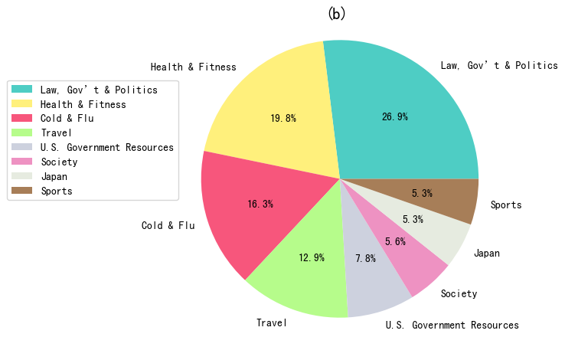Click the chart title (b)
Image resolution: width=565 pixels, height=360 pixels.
click(338, 14)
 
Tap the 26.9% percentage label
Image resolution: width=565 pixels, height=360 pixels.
click(394, 117)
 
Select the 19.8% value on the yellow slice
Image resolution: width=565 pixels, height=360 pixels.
click(283, 119)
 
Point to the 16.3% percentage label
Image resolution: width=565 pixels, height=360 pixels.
click(260, 205)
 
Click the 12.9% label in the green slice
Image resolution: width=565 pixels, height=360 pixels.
click(312, 258)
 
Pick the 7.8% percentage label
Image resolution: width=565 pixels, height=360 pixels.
click(365, 259)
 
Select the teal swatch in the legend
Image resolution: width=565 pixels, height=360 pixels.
click(21, 90)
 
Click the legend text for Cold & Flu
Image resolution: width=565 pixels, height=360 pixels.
click(67, 119)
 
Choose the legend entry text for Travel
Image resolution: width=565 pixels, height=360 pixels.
click(57, 133)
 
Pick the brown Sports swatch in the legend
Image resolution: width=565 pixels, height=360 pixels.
click(21, 191)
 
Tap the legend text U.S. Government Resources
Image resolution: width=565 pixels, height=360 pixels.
click(107, 147)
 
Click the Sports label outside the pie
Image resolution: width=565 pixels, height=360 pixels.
click(506, 205)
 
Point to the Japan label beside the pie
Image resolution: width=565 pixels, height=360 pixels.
click(487, 253)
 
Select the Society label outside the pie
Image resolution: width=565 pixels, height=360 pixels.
click(459, 293)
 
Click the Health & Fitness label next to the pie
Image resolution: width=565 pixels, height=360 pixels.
click(194, 67)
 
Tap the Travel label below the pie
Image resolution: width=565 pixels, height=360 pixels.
click(272, 322)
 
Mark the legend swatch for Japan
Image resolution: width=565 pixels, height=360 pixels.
click(21, 176)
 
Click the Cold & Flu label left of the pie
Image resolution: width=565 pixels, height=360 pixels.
click(168, 225)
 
